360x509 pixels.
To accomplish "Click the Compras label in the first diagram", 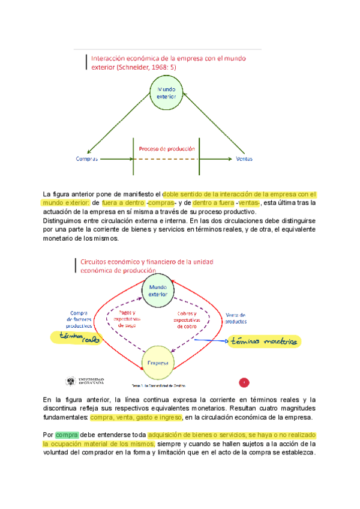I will (x=86, y=159).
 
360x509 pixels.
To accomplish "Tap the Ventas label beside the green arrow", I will (x=244, y=159).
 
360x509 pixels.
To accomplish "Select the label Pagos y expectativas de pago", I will (x=127, y=319).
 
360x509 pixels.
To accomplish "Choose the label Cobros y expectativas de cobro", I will (x=193, y=319).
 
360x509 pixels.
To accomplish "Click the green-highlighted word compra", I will (x=67, y=435).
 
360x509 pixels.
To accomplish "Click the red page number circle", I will (x=244, y=382).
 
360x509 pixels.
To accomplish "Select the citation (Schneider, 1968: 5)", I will (x=147, y=67).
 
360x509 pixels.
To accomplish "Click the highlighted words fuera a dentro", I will (x=123, y=203).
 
